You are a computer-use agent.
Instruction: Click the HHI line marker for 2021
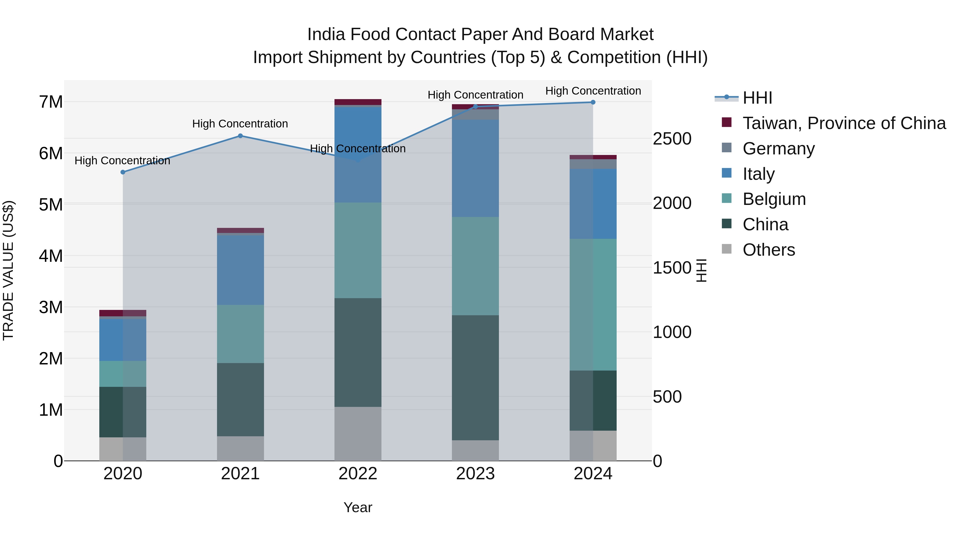[x=240, y=136]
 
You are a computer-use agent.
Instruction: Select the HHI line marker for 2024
[x=593, y=102]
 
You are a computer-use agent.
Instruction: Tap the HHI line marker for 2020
[x=123, y=172]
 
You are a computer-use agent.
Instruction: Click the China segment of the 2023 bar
[x=475, y=377]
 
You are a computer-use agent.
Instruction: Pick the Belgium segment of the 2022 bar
[x=358, y=250]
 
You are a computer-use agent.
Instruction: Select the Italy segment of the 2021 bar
[x=240, y=270]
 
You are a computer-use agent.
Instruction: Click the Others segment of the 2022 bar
[x=358, y=434]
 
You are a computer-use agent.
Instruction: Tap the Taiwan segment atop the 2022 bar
[x=358, y=102]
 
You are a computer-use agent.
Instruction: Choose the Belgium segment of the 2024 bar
[x=593, y=304]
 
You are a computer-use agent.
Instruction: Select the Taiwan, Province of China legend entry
[x=844, y=123]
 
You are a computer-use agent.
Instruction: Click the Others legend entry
[x=769, y=250]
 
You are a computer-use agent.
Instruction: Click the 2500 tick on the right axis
[x=672, y=139]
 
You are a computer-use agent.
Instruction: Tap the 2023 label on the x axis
[x=475, y=474]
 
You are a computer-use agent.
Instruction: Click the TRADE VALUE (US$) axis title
[x=9, y=270]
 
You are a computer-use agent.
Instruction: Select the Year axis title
[x=358, y=507]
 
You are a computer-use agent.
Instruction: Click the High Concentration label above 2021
[x=240, y=124]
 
